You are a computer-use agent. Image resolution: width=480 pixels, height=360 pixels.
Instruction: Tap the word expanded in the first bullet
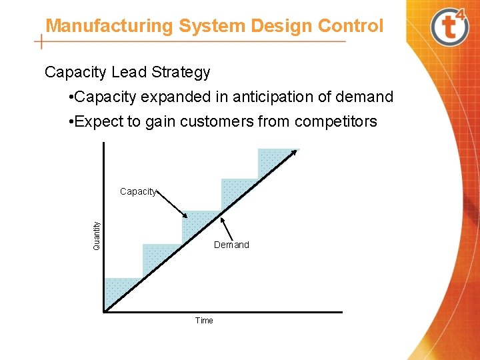[179, 97]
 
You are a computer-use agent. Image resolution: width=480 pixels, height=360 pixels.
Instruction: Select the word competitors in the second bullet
[336, 121]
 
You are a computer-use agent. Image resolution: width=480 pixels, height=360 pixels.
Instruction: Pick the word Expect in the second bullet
[99, 121]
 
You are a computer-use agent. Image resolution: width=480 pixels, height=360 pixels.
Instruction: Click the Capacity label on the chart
[138, 192]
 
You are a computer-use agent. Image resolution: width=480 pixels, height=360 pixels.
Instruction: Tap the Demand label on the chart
[231, 245]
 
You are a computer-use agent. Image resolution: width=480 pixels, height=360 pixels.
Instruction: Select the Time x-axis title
[204, 321]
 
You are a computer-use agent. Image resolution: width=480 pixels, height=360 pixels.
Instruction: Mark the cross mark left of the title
[42, 41]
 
